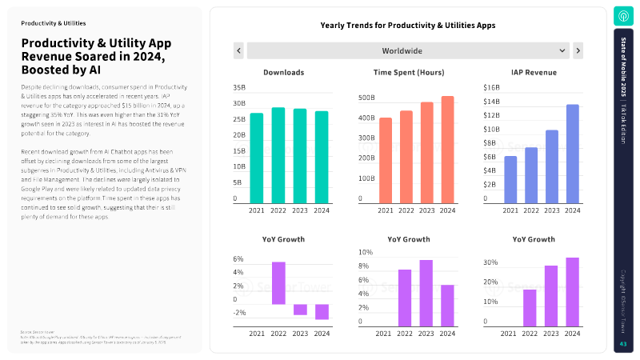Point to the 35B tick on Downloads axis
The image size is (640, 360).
pyautogui.click(x=239, y=87)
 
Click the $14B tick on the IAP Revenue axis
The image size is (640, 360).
pyautogui.click(x=491, y=102)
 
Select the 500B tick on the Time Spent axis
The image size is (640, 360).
pyautogui.click(x=366, y=98)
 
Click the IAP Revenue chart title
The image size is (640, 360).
pyautogui.click(x=534, y=73)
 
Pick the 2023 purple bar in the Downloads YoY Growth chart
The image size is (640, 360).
pyautogui.click(x=299, y=310)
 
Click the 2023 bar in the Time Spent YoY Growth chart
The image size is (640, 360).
pyautogui.click(x=426, y=292)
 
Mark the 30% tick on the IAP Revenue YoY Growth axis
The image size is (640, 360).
pyautogui.click(x=490, y=262)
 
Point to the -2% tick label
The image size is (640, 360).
pyautogui.click(x=239, y=313)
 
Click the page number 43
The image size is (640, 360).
pyautogui.click(x=623, y=344)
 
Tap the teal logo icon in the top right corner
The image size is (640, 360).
pyautogui.click(x=624, y=16)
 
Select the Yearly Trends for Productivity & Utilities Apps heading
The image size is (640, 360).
pyautogui.click(x=408, y=26)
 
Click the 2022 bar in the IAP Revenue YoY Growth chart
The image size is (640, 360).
pyautogui.click(x=530, y=307)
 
